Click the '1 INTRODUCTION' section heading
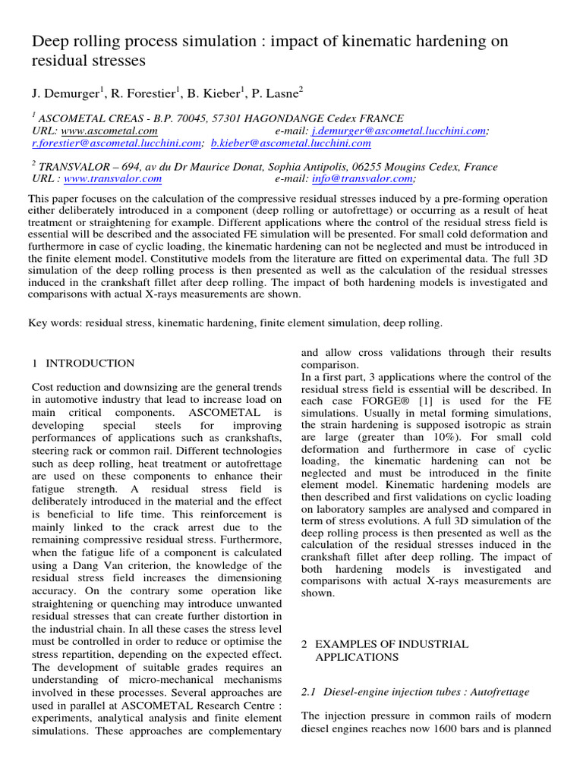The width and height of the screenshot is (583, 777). pyautogui.click(x=84, y=363)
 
